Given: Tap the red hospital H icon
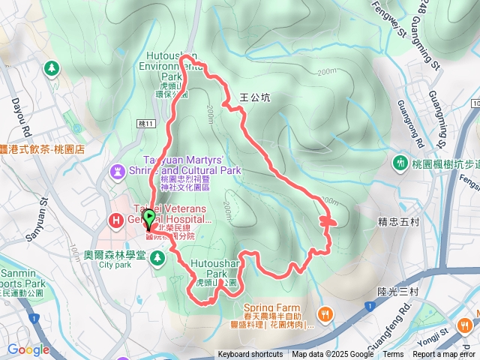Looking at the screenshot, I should coord(116,220).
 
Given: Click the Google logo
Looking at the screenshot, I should coord(28,349).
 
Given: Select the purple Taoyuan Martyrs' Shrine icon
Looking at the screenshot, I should coord(118,172).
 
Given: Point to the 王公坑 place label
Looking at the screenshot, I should coord(253,97).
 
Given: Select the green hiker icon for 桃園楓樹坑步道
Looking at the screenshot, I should coord(400,163).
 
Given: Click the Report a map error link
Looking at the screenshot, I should coord(445,355).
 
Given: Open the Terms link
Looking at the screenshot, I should coord(393,355).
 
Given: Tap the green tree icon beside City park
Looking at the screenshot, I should coord(157,258).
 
